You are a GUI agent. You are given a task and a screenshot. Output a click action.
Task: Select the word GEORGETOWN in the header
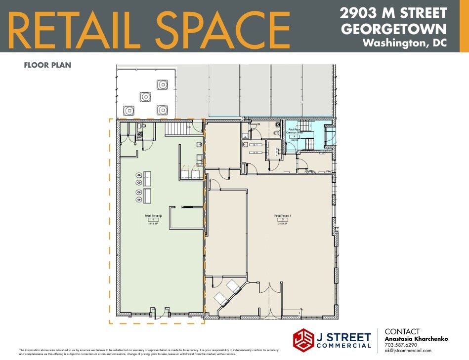tap(393, 28)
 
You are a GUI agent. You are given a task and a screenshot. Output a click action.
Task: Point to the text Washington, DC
tap(404, 43)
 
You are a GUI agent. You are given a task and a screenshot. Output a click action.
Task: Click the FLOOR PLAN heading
tap(47, 65)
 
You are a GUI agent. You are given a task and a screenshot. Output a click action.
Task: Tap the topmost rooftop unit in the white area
tap(162, 84)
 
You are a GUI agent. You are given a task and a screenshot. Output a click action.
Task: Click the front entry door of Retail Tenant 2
tap(161, 312)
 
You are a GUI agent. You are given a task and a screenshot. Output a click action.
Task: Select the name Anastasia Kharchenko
tap(416, 339)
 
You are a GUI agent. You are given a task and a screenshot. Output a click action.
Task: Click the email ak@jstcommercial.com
tap(408, 351)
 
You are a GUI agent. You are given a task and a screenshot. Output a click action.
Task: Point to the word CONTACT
tap(402, 332)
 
